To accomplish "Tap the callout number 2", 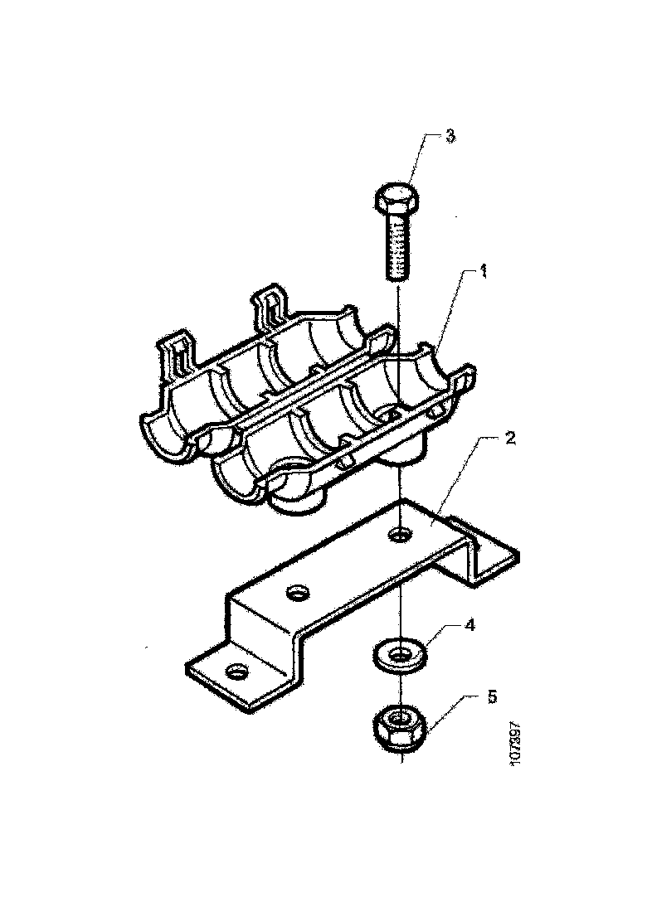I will pyautogui.click(x=510, y=438).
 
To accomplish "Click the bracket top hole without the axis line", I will pyautogui.click(x=296, y=592).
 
